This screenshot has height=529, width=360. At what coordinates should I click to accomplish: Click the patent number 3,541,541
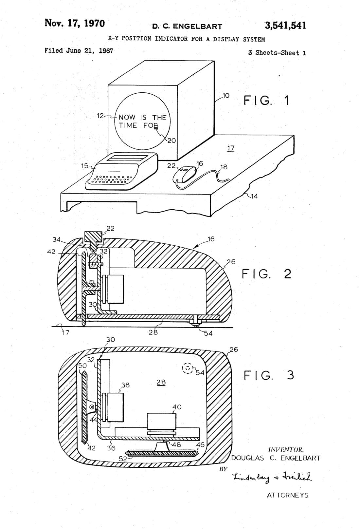(x=285, y=26)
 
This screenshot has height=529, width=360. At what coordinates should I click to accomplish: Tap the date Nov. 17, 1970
(x=75, y=23)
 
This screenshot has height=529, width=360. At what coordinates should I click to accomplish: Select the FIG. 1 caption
(x=266, y=100)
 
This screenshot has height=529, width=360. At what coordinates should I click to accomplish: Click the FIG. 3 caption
(x=269, y=375)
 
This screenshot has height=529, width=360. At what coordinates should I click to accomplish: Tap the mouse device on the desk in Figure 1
(x=185, y=174)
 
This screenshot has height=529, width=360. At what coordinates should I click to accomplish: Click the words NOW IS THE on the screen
(x=142, y=117)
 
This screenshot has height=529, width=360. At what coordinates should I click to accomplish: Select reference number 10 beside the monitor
(x=226, y=96)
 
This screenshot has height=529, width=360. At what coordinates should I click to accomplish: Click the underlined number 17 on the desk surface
(x=231, y=148)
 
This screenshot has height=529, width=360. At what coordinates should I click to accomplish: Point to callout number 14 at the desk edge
(x=254, y=196)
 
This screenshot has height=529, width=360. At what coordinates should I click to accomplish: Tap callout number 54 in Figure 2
(x=208, y=333)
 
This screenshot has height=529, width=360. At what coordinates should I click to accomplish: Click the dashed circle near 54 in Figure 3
(x=188, y=368)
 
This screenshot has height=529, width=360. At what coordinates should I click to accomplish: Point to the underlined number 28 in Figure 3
(x=161, y=382)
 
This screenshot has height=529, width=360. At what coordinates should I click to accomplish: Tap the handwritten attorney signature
(x=272, y=477)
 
